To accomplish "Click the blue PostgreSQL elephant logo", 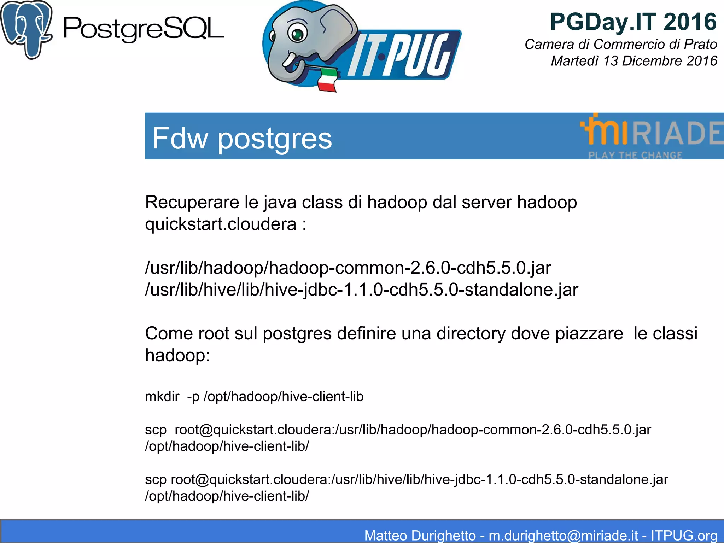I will pyautogui.click(x=27, y=29).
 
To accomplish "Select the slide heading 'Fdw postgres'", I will pyautogui.click(x=242, y=138).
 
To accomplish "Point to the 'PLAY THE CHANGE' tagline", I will pyautogui.click(x=635, y=155).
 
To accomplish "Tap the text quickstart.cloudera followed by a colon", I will pyautogui.click(x=226, y=224).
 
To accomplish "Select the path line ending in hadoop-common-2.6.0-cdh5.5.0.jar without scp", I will pyautogui.click(x=348, y=268).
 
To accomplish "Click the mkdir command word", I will pyautogui.click(x=162, y=397).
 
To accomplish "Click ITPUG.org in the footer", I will pyautogui.click(x=684, y=535).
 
